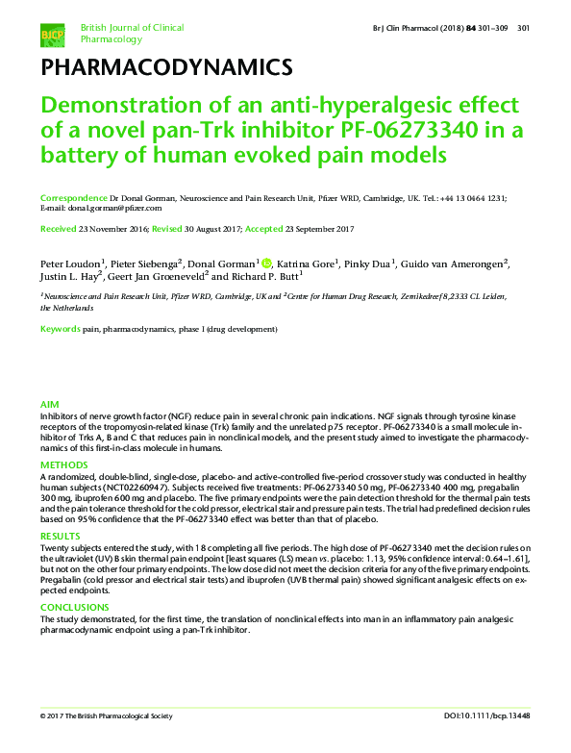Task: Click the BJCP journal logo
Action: click(53, 35)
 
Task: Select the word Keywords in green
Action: click(61, 329)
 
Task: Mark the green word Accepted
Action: click(269, 229)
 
